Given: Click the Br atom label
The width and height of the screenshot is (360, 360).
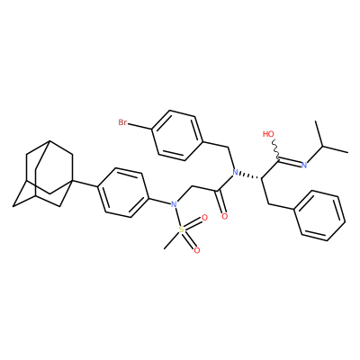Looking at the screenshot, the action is click(123, 122).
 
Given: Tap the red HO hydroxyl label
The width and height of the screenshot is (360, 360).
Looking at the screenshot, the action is click(268, 134).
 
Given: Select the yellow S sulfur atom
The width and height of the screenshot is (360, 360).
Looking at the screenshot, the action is click(181, 229).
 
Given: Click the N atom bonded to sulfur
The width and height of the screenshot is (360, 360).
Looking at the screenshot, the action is click(173, 204).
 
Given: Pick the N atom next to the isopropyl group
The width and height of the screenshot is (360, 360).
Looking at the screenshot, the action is click(304, 165).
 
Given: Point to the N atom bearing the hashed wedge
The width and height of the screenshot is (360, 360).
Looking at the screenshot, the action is click(235, 173).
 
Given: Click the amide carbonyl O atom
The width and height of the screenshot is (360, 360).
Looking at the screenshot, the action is click(224, 216).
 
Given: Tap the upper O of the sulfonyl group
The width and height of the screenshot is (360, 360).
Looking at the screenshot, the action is click(204, 218).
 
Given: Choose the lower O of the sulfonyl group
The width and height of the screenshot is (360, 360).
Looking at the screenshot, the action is click(197, 250).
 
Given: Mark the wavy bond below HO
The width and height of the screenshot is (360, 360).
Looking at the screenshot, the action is click(275, 149).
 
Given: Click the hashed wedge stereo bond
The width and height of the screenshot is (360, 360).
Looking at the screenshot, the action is click(250, 175).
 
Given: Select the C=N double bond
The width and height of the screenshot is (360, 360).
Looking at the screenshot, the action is click(290, 162).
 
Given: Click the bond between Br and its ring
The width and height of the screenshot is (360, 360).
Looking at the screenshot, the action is click(140, 127).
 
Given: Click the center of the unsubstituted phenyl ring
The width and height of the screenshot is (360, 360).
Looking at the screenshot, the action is click(320, 215).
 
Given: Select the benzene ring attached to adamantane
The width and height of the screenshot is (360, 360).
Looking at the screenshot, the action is click(123, 193).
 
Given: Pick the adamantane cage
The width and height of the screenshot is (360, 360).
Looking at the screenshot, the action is click(43, 174).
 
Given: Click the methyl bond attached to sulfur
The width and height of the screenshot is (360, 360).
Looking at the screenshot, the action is click(172, 239).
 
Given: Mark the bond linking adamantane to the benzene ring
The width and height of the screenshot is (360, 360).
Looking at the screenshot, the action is click(85, 184).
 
